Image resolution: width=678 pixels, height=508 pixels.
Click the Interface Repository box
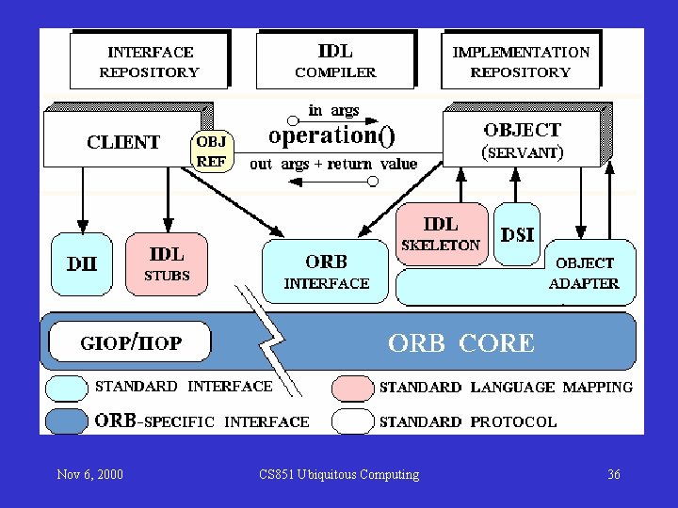(150, 62)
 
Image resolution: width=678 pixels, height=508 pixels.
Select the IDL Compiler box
(335, 61)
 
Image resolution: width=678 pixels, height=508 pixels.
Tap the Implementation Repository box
(521, 62)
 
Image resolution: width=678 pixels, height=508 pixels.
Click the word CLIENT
(123, 143)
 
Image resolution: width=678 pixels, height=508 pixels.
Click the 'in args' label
(334, 111)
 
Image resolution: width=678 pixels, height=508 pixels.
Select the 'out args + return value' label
(333, 164)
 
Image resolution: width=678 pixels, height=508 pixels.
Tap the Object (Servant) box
(522, 140)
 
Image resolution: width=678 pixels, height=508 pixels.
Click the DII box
(82, 264)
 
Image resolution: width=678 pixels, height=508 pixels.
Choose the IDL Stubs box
(167, 264)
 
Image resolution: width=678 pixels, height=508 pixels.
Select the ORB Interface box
(326, 271)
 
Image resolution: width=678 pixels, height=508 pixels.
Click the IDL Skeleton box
(441, 233)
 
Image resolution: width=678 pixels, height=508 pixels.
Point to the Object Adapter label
(584, 273)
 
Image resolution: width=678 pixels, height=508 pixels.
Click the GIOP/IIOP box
(131, 343)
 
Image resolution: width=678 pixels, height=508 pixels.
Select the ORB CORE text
(461, 343)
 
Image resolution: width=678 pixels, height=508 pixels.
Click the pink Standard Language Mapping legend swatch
(353, 387)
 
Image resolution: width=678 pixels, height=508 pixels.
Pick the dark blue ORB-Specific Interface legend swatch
(68, 421)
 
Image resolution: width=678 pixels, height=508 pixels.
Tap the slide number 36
(614, 474)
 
